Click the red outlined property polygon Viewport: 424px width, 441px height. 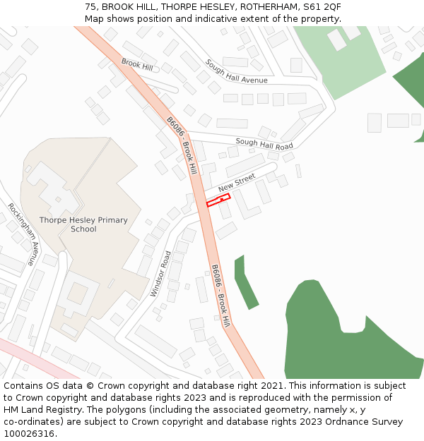(218, 200)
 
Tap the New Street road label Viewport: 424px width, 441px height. (236, 183)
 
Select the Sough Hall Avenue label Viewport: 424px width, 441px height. (236, 71)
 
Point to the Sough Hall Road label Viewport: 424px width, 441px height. (264, 144)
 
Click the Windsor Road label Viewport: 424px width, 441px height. (161, 274)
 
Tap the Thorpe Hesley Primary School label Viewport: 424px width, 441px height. (83, 224)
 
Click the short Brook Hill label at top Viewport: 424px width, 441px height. (137, 64)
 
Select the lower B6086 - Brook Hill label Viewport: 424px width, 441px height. (220, 296)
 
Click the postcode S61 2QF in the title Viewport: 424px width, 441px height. (322, 6)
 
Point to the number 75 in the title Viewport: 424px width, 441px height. (90, 6)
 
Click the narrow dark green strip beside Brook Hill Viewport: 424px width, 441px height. (245, 282)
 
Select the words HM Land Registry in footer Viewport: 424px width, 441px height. (40, 410)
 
